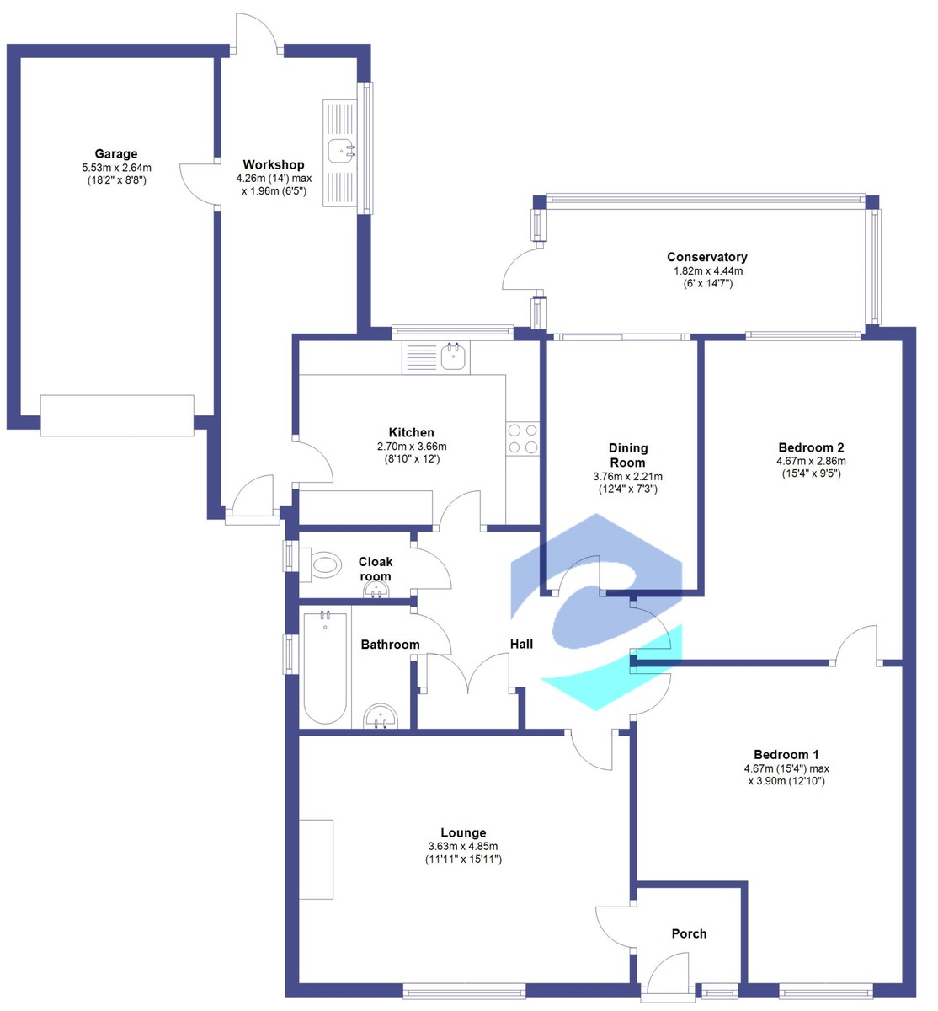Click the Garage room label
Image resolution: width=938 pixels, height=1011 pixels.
pos(116,154)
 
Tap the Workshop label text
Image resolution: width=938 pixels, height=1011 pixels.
pos(274,164)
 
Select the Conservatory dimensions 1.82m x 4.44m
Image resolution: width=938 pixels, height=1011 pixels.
pos(706,271)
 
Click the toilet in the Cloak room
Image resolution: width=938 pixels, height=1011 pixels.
pos(323,564)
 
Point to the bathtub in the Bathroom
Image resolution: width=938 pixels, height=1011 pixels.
pos(324,668)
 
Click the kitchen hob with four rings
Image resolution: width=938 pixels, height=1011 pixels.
pos(522,438)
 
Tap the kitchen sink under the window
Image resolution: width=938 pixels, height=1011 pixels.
pos(454,356)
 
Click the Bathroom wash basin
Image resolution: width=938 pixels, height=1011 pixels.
pos(383,717)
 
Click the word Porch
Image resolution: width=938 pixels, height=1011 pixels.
pos(689,933)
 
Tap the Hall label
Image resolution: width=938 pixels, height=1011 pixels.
pos(521,645)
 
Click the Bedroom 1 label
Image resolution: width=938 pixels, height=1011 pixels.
pos(786,755)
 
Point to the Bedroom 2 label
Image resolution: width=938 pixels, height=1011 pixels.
pos(811,447)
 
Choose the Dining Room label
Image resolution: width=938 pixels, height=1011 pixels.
pos(627,455)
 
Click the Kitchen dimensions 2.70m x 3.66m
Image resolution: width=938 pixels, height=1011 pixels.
pos(412,447)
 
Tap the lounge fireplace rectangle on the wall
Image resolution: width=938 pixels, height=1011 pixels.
pos(317,859)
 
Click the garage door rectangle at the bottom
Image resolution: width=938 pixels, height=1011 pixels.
pos(117,415)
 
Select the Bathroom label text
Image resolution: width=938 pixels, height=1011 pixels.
pos(390,645)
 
